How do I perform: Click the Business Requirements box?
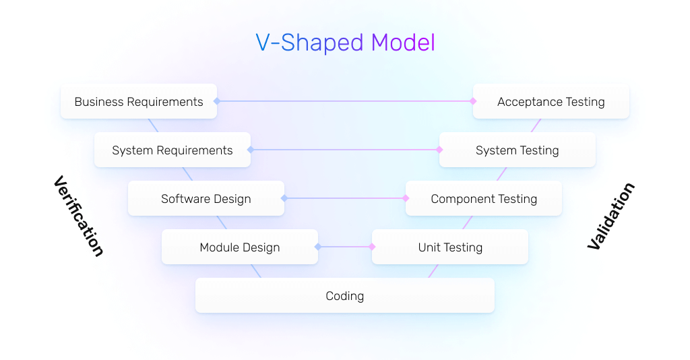point(138,102)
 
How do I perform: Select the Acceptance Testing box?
point(551,102)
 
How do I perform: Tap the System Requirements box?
point(172,150)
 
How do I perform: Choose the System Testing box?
point(517,150)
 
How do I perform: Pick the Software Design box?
point(206,199)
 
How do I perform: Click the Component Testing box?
point(483,199)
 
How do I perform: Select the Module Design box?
point(239,247)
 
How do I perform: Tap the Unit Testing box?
point(449,247)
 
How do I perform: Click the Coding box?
point(344,296)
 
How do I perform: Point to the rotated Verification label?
point(79,216)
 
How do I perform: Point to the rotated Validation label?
point(610,216)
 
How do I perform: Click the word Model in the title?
point(403,43)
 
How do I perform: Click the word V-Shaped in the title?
point(310,43)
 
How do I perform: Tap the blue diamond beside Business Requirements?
point(217,101)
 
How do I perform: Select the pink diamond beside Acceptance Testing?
point(473,101)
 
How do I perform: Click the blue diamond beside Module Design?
point(318,247)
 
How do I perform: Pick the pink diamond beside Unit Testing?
point(372,247)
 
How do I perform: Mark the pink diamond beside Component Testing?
point(406,198)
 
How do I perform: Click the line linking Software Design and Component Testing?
point(345,198)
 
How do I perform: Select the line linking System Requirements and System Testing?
point(345,150)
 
